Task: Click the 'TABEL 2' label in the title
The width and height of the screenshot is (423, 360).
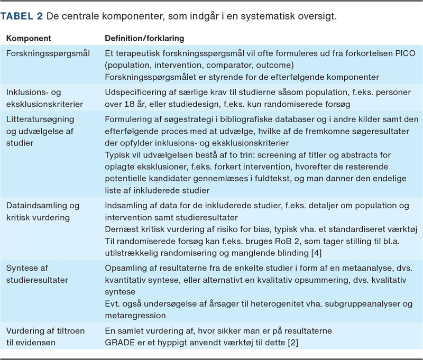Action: point(22,16)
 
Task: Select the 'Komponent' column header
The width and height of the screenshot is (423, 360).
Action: point(29,40)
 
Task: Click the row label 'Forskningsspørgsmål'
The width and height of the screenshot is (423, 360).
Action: point(48,53)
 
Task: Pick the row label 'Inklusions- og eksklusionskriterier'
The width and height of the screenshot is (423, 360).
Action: point(48,98)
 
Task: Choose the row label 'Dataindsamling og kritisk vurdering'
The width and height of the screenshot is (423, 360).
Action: point(43,211)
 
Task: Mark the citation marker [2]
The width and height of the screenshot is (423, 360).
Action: point(291,343)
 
